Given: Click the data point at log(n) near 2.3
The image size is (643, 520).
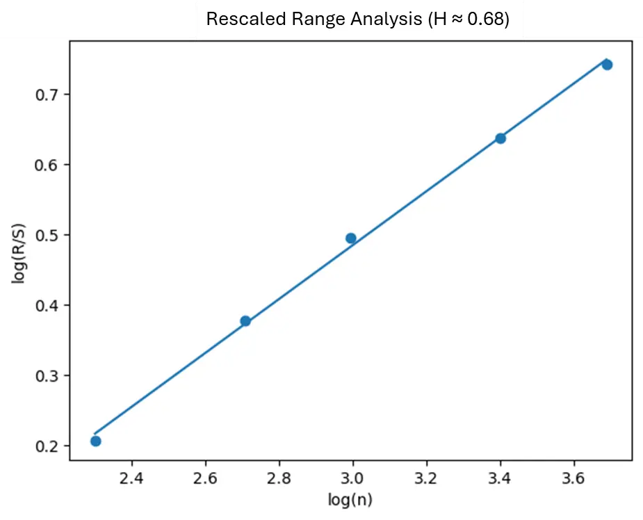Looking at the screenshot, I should coord(96,441).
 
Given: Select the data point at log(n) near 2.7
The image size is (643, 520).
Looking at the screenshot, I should coord(245,321).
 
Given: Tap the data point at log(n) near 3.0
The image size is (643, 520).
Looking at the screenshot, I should coord(351,238).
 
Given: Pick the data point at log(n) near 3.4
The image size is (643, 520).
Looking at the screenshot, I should coord(500,138).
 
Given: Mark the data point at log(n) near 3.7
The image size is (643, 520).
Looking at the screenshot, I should coord(607,65).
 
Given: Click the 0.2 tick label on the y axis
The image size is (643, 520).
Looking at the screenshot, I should coord(47,446).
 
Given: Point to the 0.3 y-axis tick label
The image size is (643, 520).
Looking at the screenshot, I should coord(47,375).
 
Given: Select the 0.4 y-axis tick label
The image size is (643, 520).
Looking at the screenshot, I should coord(47,305).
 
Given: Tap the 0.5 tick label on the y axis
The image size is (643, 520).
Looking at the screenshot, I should coord(47,235).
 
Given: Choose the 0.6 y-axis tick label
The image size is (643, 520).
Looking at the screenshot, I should coord(47,165).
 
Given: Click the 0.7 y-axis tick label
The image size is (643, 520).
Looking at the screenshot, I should coord(47,95).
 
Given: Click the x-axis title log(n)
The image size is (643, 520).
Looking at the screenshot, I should coord(350,499).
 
